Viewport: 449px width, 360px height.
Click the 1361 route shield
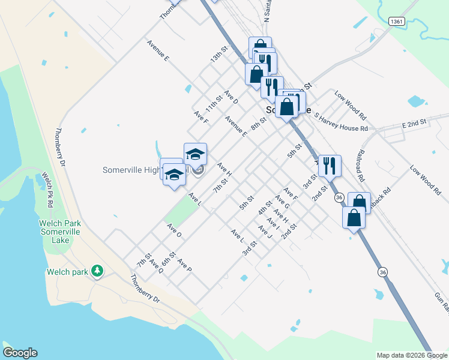(396, 22)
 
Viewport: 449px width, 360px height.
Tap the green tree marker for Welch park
(97, 272)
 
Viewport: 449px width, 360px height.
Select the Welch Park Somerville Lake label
(60, 232)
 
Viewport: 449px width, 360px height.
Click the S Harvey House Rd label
(340, 124)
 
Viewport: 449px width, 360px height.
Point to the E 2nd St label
(414, 122)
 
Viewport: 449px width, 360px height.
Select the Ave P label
(184, 265)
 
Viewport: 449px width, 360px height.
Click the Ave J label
(265, 230)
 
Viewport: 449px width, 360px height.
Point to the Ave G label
(282, 201)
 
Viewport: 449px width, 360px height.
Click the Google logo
(20, 353)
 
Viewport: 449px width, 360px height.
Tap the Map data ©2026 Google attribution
(412, 355)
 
